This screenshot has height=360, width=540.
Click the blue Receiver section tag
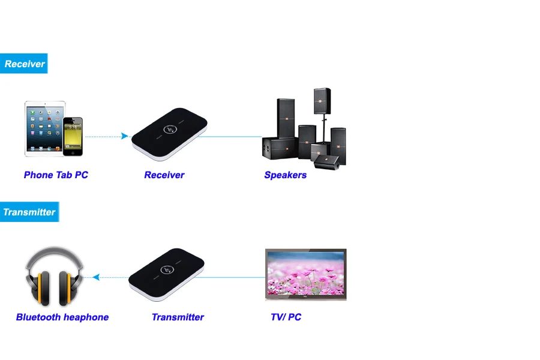[24, 64]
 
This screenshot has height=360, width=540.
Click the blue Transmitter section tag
[29, 212]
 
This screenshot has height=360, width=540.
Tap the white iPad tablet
[44, 129]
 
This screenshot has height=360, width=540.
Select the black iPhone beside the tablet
[73, 136]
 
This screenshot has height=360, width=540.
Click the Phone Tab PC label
[56, 175]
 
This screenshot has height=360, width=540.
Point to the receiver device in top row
[169, 133]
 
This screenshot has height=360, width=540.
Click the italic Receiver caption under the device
[164, 175]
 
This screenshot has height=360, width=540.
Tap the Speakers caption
[285, 175]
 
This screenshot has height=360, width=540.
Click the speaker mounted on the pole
[322, 103]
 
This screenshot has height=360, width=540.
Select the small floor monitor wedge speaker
[327, 160]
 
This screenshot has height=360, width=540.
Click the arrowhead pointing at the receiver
[125, 136]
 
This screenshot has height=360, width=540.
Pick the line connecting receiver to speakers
[234, 136]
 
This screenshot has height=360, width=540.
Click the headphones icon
[55, 276]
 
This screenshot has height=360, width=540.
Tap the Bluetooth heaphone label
[62, 317]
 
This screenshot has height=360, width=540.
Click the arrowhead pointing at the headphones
[95, 277]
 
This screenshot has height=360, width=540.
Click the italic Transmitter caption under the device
[178, 317]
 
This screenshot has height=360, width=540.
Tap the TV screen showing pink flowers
[305, 274]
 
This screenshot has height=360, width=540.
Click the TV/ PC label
[286, 317]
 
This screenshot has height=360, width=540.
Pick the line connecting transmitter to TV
[237, 277]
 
